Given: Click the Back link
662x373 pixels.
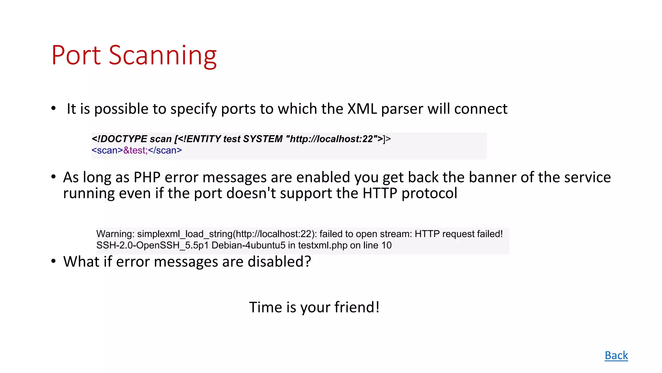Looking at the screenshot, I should pyautogui.click(x=616, y=356).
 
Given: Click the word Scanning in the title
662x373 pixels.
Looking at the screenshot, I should pyautogui.click(x=163, y=56).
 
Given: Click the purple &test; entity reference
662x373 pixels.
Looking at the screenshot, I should pyautogui.click(x=135, y=150).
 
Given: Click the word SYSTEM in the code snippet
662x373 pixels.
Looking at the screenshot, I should pyautogui.click(x=263, y=139).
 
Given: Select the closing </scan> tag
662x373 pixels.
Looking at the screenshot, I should pyautogui.click(x=165, y=150).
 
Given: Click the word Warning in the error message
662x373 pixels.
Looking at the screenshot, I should pyautogui.click(x=115, y=234).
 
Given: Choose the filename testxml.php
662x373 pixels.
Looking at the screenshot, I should pyautogui.click(x=323, y=245).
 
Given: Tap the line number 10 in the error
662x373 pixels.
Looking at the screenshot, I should pyautogui.click(x=386, y=245).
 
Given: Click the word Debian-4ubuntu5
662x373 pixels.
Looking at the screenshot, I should pyautogui.click(x=248, y=245).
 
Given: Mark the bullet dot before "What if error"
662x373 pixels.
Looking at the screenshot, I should pyautogui.click(x=54, y=261).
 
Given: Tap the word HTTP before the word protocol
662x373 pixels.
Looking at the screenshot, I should pyautogui.click(x=379, y=193).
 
